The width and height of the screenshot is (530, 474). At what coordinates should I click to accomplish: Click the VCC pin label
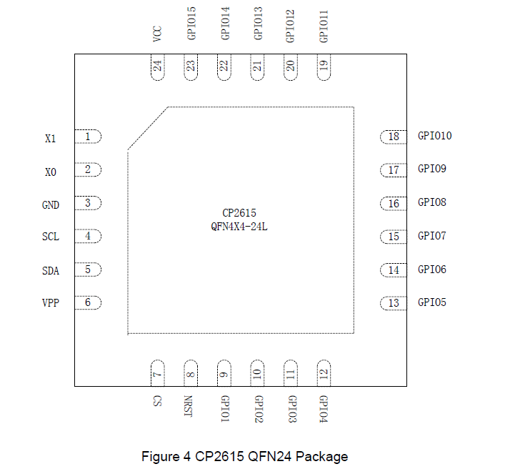point(157,34)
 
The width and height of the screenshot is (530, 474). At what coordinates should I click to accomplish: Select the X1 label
point(50,138)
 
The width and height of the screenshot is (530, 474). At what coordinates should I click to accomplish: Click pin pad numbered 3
point(88,203)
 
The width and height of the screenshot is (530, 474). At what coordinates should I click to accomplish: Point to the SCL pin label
point(51,237)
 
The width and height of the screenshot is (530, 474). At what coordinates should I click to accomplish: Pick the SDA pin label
point(51,271)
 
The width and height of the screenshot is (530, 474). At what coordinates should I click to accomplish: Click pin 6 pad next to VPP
point(88,302)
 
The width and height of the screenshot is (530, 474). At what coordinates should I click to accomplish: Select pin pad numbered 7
point(157,373)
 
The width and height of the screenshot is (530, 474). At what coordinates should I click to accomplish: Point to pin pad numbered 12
point(324,373)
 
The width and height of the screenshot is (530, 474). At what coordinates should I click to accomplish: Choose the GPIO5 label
point(432,302)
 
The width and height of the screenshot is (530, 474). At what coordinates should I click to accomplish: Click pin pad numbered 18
point(393,137)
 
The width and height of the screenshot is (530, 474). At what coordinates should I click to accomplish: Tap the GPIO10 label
point(434,136)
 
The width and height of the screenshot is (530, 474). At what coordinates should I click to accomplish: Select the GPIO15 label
point(191,24)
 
